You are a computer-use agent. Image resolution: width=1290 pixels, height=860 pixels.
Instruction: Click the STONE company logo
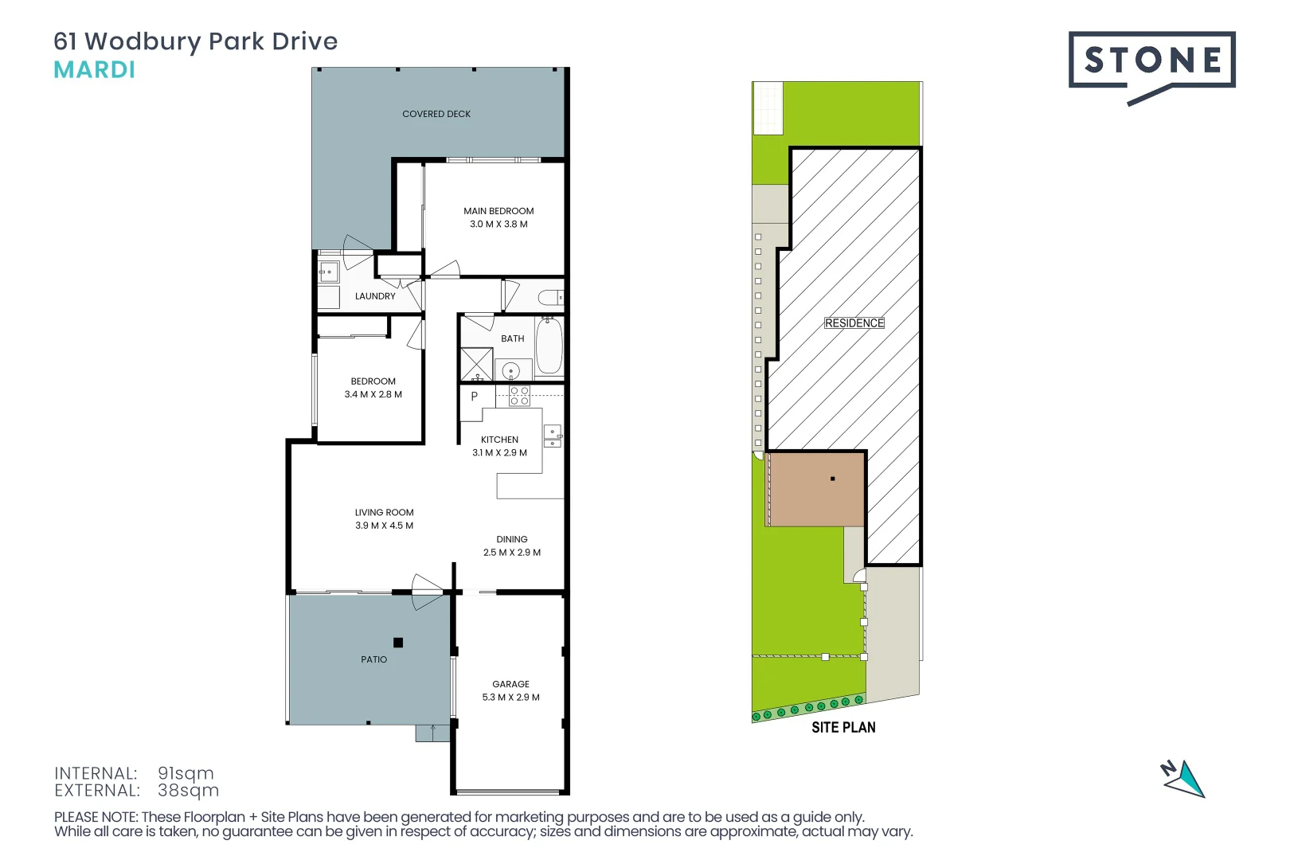pyautogui.click(x=1151, y=61)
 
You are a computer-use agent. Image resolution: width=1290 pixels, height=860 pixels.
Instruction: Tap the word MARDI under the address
pyautogui.click(x=94, y=70)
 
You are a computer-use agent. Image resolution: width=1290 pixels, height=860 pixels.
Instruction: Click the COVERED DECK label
pyautogui.click(x=436, y=114)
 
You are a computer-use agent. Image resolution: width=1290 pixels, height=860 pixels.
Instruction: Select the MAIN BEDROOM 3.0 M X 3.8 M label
pyautogui.click(x=498, y=217)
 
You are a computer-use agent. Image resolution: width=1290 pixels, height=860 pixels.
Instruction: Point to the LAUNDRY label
pyautogui.click(x=375, y=296)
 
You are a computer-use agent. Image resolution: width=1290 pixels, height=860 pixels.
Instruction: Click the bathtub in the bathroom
pyautogui.click(x=549, y=346)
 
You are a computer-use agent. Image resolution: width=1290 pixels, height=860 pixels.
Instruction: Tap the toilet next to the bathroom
pyautogui.click(x=550, y=298)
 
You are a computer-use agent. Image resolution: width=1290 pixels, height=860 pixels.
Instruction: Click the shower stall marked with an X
pyautogui.click(x=476, y=364)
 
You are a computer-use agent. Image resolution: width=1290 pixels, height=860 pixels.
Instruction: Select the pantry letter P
pyautogui.click(x=475, y=396)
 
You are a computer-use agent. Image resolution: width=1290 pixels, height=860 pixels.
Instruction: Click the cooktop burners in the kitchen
pyautogui.click(x=519, y=396)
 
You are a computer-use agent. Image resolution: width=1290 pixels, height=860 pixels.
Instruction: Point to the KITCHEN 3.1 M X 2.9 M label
pyautogui.click(x=499, y=446)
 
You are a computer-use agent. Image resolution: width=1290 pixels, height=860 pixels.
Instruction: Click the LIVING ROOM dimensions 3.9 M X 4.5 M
pyautogui.click(x=384, y=526)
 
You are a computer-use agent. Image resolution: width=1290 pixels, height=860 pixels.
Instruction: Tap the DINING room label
pyautogui.click(x=512, y=539)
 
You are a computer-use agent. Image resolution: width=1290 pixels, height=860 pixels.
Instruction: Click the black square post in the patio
pyautogui.click(x=398, y=643)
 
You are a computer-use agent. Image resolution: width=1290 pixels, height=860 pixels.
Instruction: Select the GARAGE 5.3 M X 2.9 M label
pyautogui.click(x=510, y=690)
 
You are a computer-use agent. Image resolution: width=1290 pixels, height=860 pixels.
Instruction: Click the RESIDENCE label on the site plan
pyautogui.click(x=854, y=322)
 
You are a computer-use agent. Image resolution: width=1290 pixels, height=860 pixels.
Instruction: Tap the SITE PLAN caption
pyautogui.click(x=843, y=727)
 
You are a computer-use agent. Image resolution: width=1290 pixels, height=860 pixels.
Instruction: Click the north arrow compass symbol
pyautogui.click(x=1184, y=779)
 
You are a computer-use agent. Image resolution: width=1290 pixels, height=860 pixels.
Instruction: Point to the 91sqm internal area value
pyautogui.click(x=186, y=773)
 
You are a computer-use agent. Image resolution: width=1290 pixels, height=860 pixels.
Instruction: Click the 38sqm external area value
pyautogui.click(x=188, y=790)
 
